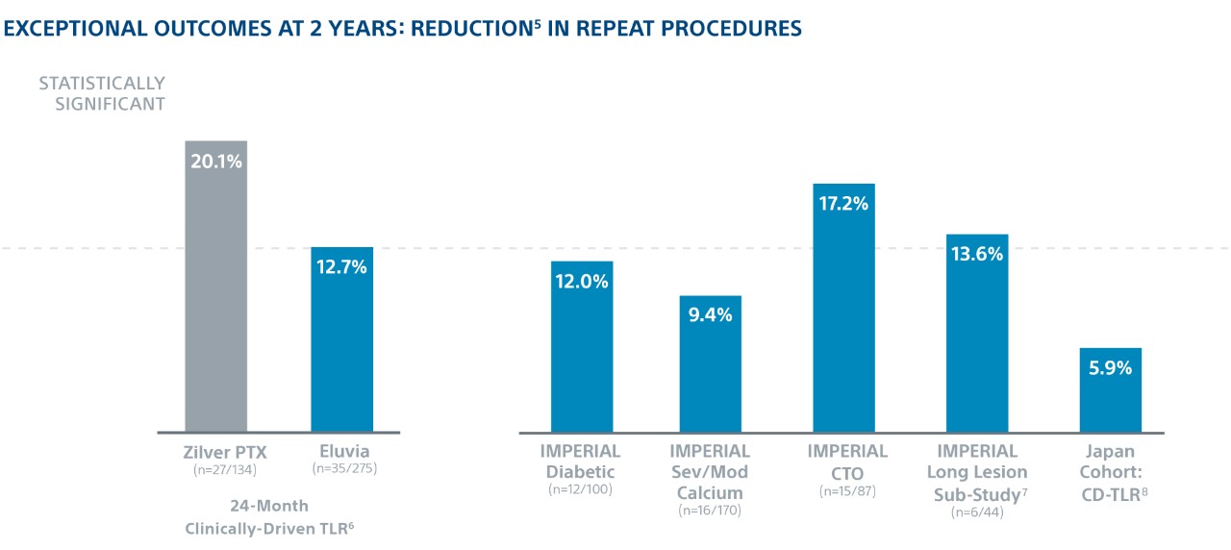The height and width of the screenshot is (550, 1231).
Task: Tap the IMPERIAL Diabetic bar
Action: pyautogui.click(x=582, y=356)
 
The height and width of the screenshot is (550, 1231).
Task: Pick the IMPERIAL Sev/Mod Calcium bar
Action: pyautogui.click(x=711, y=375)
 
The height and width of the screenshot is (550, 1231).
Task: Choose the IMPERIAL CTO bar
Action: pyautogui.click(x=843, y=317)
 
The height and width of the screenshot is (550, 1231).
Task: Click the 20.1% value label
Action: pyautogui.click(x=216, y=161)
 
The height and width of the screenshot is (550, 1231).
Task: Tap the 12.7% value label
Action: pyautogui.click(x=341, y=267)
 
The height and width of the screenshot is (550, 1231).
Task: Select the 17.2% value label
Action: pyautogui.click(x=843, y=204)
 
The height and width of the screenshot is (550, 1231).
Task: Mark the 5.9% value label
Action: pyautogui.click(x=1111, y=367)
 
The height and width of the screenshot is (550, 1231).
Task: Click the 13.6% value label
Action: pyautogui.click(x=977, y=255)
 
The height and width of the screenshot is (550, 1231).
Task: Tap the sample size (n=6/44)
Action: pyautogui.click(x=977, y=512)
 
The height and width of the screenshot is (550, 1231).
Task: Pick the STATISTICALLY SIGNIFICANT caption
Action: pyautogui.click(x=102, y=93)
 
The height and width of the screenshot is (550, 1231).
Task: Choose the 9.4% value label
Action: pyautogui.click(x=711, y=314)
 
